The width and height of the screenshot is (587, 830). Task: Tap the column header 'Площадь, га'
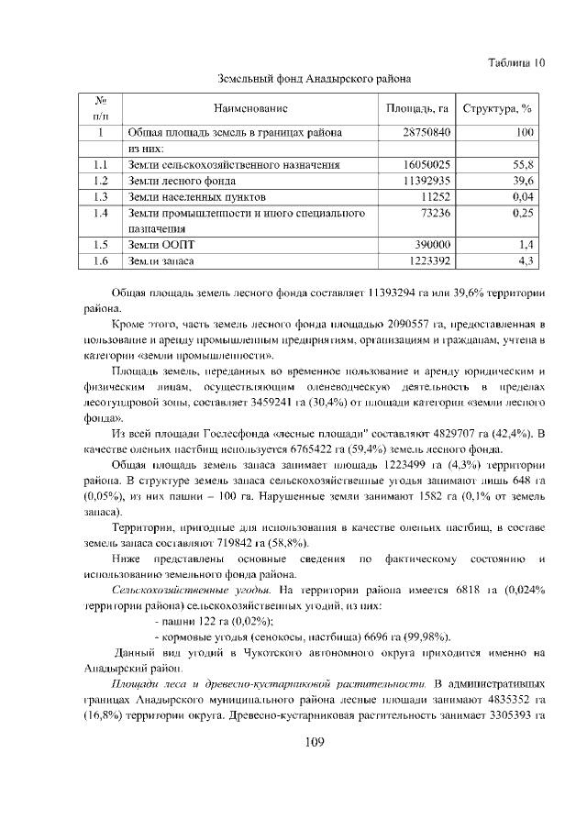[x=417, y=107]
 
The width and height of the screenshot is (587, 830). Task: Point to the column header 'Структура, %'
[x=498, y=107]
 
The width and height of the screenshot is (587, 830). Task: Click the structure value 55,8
[x=523, y=164]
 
